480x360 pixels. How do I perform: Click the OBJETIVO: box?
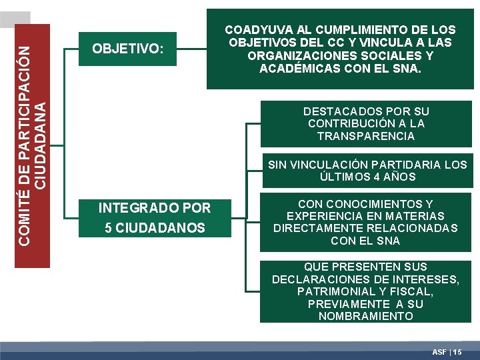pos(127,49)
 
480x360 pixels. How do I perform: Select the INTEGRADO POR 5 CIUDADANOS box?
pos(154,218)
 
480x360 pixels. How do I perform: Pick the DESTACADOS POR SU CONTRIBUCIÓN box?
pos(365,123)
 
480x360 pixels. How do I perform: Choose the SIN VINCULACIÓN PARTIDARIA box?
pos(367,171)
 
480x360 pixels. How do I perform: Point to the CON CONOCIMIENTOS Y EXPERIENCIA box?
pos(365,222)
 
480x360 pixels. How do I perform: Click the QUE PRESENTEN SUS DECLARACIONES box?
pos(365,291)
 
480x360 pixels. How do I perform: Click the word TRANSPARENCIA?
pos(365,136)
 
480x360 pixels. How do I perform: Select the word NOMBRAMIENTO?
pos(365,316)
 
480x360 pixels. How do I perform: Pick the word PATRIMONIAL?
pos(331,291)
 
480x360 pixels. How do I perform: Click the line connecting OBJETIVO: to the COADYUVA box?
pos(191,48)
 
